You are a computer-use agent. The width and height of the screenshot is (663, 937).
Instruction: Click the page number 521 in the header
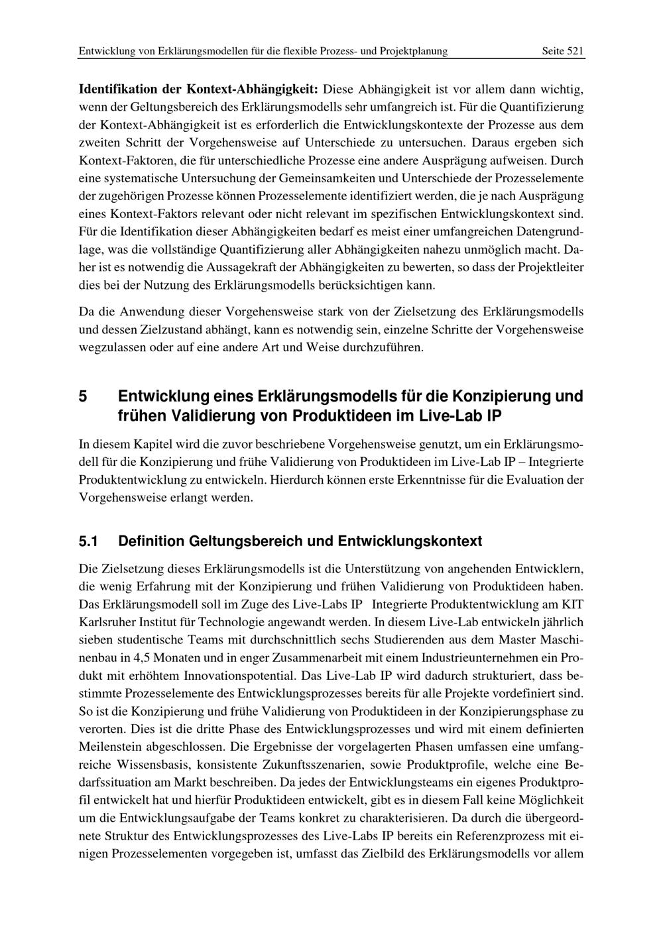pyautogui.click(x=575, y=50)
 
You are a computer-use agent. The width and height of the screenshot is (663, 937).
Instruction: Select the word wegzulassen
pyautogui.click(x=111, y=347)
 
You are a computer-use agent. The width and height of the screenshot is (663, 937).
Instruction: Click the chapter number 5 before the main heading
pyautogui.click(x=83, y=397)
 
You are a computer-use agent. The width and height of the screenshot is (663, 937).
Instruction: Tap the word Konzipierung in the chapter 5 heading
pyautogui.click(x=501, y=397)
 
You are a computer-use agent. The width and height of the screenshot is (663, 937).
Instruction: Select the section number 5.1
pyautogui.click(x=88, y=541)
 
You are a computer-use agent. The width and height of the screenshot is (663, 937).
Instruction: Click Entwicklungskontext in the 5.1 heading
pyautogui.click(x=410, y=541)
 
